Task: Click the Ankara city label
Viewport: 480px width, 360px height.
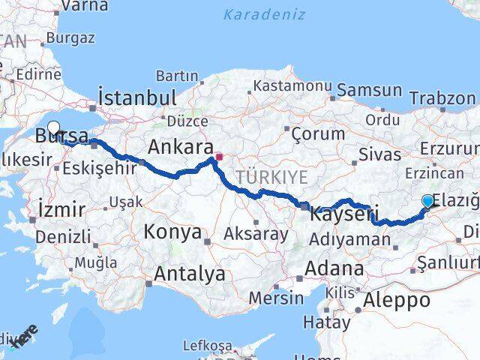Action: pyautogui.click(x=180, y=145)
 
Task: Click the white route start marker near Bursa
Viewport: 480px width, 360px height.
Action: pyautogui.click(x=54, y=127)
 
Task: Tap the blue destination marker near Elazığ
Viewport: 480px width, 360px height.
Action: pyautogui.click(x=427, y=201)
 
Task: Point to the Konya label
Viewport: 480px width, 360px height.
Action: pyautogui.click(x=174, y=232)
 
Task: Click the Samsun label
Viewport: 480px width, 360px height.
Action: pyautogui.click(x=369, y=90)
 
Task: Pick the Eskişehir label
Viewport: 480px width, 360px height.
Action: pyautogui.click(x=100, y=168)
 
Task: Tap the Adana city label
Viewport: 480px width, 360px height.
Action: pyautogui.click(x=334, y=268)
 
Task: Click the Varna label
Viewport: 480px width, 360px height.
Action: pyautogui.click(x=84, y=6)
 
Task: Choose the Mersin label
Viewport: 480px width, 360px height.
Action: pyautogui.click(x=276, y=297)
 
